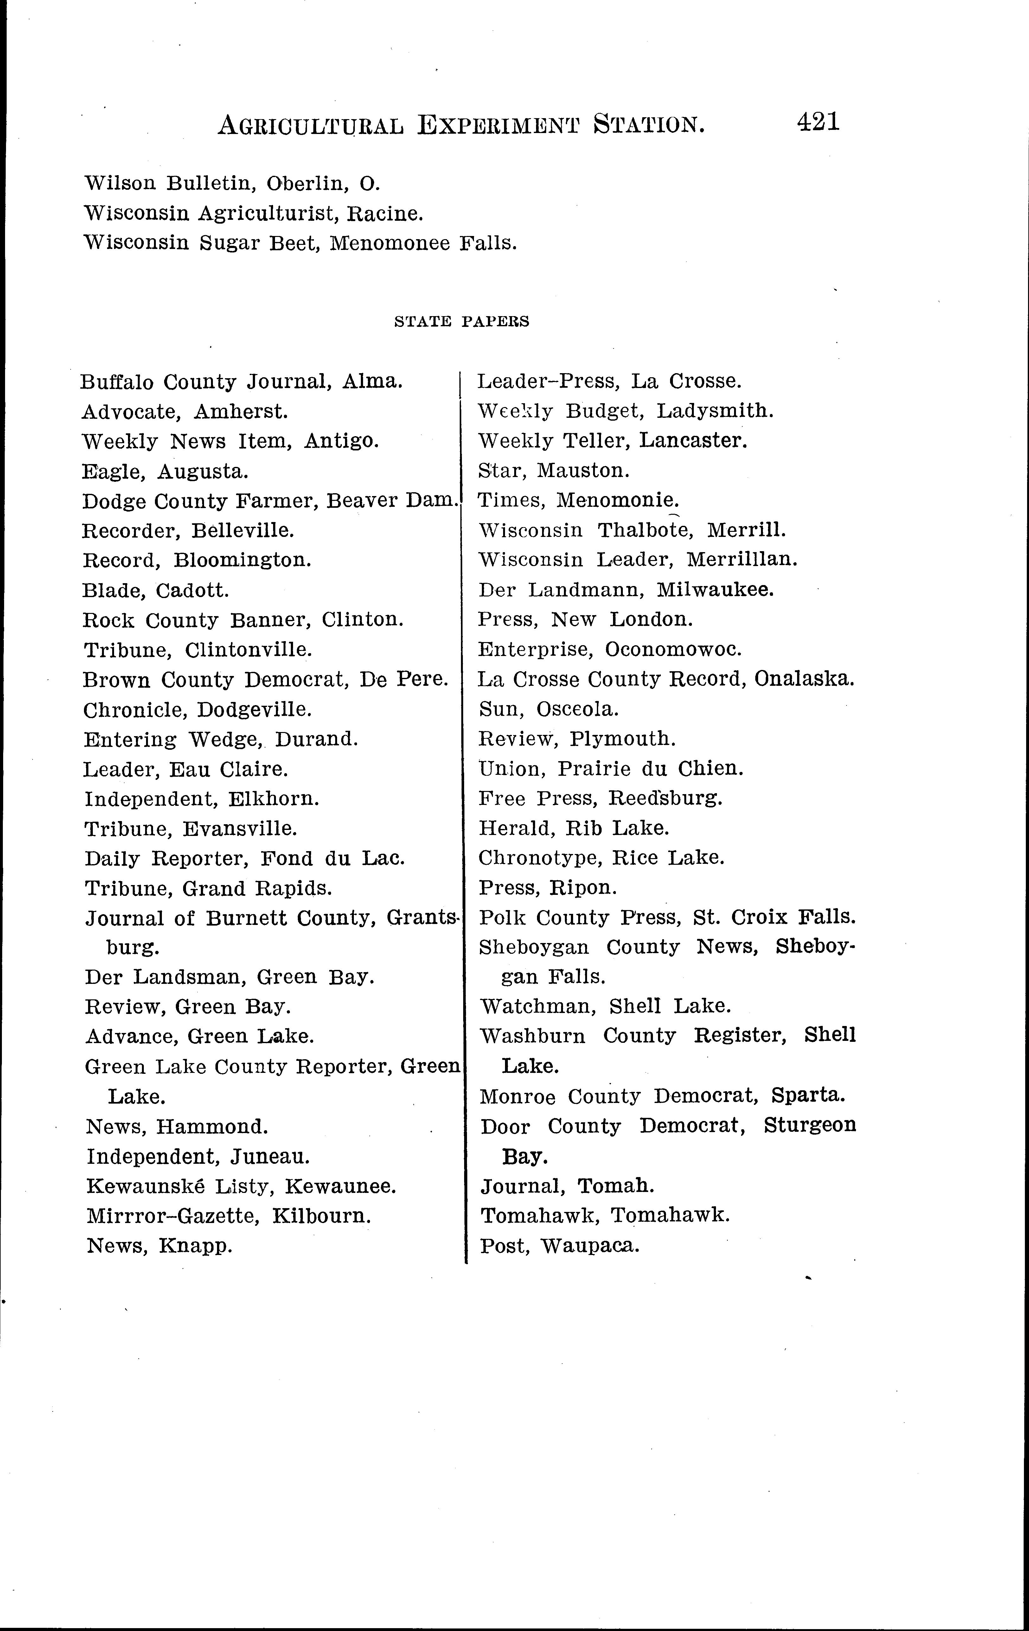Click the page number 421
click(x=818, y=122)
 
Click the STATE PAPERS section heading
click(x=461, y=322)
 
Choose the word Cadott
click(x=192, y=591)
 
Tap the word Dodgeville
click(x=254, y=710)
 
